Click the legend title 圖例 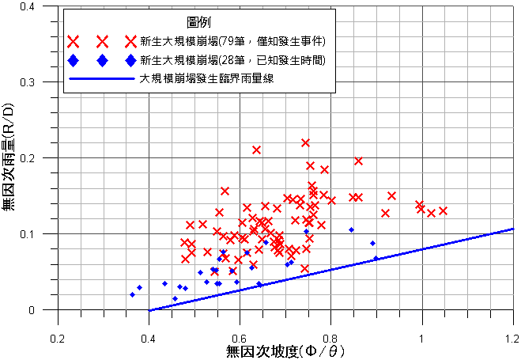(x=188, y=23)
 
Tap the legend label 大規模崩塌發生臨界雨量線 (x=209, y=79)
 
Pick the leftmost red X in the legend (x=74, y=41)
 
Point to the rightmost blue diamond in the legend (x=129, y=60)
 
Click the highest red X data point (x=305, y=142)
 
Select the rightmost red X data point (x=443, y=210)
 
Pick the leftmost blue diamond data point (x=132, y=294)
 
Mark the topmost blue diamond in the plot (x=352, y=229)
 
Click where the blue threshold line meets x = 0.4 (x=149, y=310)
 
